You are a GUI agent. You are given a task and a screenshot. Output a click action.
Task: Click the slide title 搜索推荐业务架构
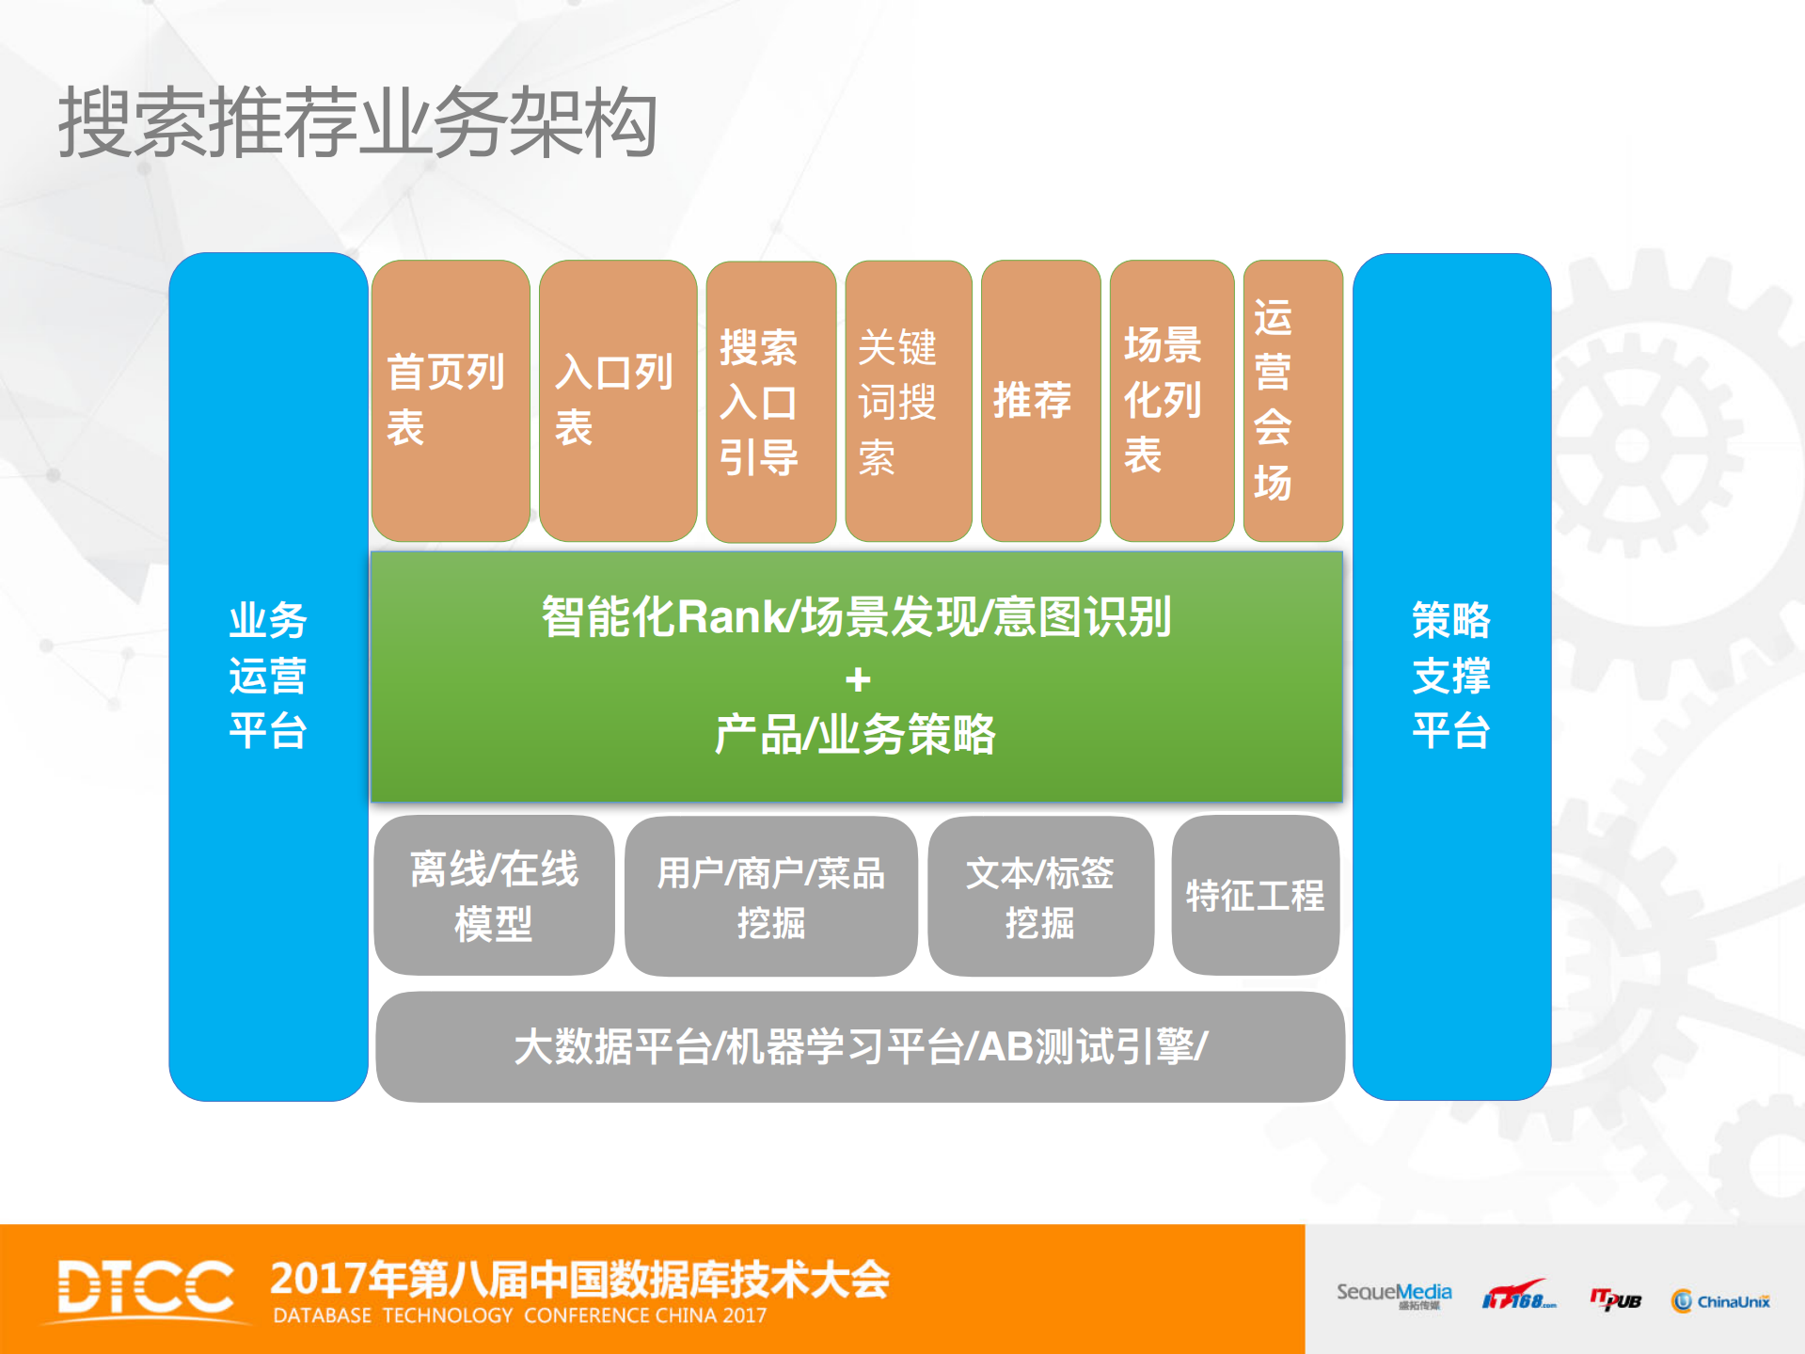click(357, 122)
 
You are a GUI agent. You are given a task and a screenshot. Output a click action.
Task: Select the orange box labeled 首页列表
click(450, 400)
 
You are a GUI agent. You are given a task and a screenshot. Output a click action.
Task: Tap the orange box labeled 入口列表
click(617, 400)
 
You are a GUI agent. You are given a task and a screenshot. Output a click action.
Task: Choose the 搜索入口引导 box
click(770, 402)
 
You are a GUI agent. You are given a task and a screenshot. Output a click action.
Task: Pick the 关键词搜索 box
click(908, 402)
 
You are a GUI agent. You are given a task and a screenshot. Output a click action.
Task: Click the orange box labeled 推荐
click(1040, 400)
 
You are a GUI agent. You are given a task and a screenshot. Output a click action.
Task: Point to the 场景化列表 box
click(1171, 400)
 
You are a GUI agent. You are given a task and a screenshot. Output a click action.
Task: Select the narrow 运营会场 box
click(1292, 400)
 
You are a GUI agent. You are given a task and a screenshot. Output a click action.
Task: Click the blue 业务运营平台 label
click(268, 676)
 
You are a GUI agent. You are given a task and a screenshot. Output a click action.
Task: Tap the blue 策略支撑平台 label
click(1450, 676)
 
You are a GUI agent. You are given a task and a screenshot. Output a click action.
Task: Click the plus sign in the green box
click(857, 679)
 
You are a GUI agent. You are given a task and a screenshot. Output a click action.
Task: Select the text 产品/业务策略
click(854, 735)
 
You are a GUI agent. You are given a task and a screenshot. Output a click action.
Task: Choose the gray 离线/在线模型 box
click(494, 895)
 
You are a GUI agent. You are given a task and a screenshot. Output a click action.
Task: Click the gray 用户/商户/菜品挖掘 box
click(770, 897)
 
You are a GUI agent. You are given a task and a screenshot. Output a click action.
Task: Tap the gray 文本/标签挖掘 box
click(1040, 897)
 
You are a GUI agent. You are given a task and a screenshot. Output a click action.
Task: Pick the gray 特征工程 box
click(1255, 895)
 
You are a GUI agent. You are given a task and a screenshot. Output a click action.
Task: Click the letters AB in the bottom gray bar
click(1006, 1047)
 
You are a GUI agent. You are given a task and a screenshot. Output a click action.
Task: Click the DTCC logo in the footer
click(146, 1287)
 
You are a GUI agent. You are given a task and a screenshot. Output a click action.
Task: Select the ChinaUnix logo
click(1720, 1301)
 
